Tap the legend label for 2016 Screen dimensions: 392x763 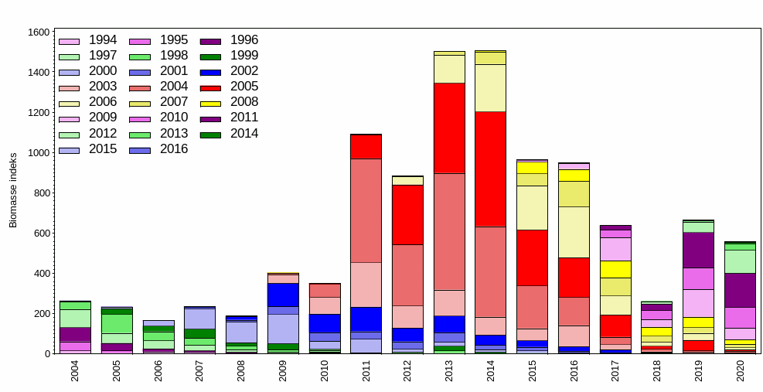coord(173,149)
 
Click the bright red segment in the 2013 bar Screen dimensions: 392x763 coord(449,128)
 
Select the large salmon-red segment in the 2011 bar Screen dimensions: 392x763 coord(366,210)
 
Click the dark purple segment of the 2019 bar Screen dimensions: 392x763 coord(698,250)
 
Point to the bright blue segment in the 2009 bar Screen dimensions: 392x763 coord(283,295)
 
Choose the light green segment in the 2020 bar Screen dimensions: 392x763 coord(740,261)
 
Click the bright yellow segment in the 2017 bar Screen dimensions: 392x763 coord(615,269)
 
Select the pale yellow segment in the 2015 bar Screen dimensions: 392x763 coord(532,207)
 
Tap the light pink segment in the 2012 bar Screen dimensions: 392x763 coord(407,316)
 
